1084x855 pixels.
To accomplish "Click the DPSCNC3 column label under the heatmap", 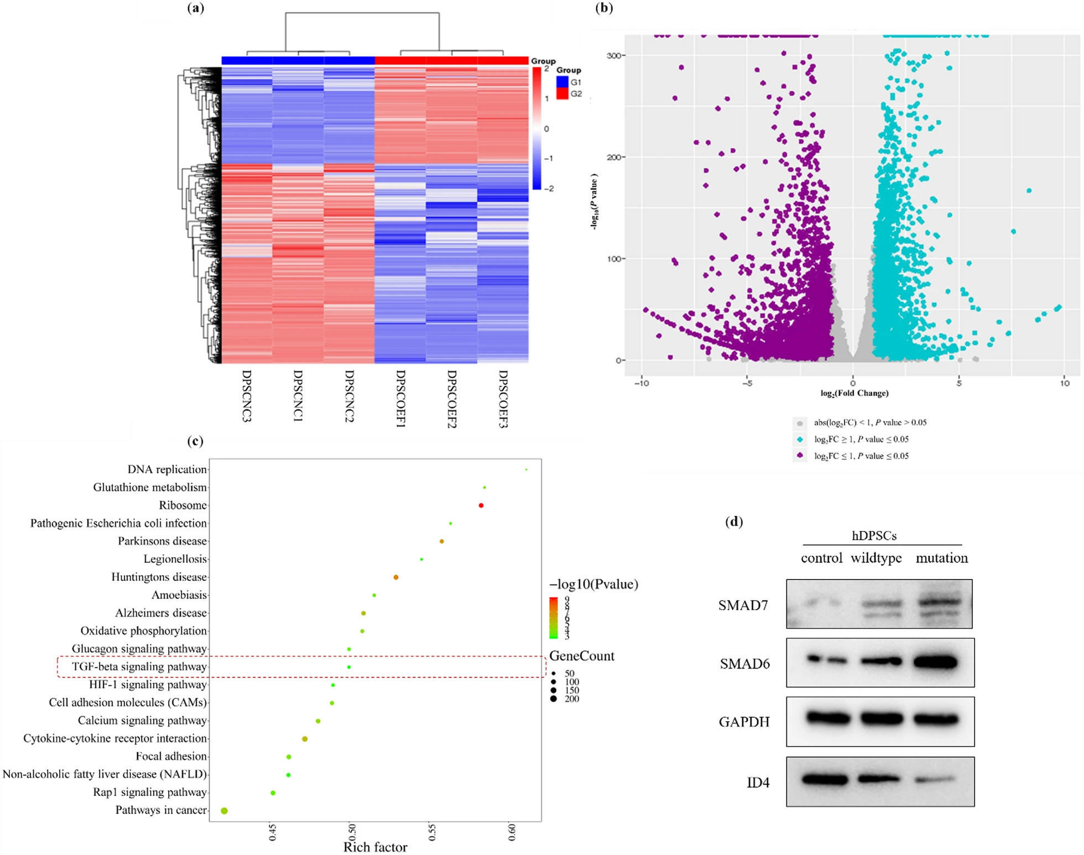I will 247,395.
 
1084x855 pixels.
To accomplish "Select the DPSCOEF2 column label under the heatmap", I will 452,398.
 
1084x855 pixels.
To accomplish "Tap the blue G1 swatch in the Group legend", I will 562,82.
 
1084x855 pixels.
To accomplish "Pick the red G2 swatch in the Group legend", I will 562,94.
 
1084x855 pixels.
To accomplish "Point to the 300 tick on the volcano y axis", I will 614,55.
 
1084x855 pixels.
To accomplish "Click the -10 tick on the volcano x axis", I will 642,383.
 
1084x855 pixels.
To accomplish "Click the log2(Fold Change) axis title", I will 854,393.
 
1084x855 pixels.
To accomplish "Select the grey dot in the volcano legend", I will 800,423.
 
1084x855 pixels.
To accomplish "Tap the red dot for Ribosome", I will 481,505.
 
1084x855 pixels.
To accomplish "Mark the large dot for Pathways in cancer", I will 224,811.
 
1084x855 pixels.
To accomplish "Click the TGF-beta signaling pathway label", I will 139,667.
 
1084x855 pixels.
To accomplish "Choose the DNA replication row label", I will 167,470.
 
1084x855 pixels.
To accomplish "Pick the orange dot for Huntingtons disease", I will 396,577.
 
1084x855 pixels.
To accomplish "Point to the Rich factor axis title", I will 375,847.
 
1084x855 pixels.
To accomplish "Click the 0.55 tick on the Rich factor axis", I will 432,832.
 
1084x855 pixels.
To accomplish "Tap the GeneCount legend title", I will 582,656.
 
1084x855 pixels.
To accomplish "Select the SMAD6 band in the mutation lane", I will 936,662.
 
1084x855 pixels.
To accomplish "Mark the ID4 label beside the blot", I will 758,783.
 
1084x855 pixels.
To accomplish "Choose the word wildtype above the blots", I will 876,558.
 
